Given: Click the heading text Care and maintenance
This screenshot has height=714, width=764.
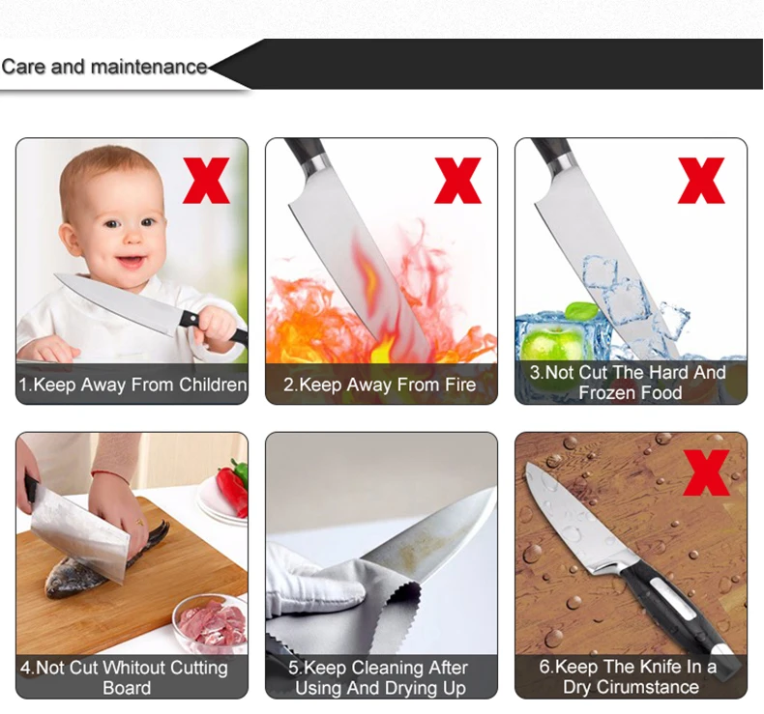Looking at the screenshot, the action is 104,67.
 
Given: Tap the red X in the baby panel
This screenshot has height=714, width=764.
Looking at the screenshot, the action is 206,181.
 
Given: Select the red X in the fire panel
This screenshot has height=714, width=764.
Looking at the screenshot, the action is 457,181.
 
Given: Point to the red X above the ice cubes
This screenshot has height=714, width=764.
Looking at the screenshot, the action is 701,181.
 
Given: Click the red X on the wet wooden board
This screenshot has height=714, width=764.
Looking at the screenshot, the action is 706,472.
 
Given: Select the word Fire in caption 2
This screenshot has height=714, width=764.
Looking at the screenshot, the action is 460,385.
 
